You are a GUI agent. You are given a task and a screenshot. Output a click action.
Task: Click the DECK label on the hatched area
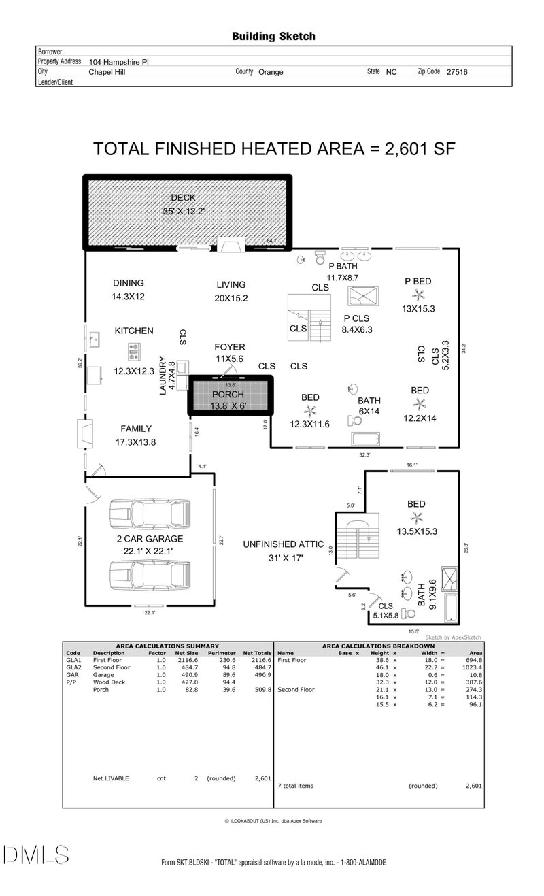pyautogui.click(x=183, y=197)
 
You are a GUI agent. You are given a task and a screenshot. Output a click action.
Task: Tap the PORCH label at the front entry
pyautogui.click(x=228, y=394)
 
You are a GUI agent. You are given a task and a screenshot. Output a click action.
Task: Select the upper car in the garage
pyautogui.click(x=150, y=514)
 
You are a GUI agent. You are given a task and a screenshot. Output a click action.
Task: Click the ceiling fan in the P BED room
pyautogui.click(x=418, y=295)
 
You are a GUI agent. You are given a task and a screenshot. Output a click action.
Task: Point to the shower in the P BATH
pyautogui.click(x=362, y=296)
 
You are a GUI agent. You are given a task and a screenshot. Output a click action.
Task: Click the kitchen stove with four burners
pyautogui.click(x=134, y=352)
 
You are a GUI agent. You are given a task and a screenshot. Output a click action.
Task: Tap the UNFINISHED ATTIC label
pyautogui.click(x=284, y=544)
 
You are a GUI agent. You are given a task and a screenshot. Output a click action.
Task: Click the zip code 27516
pyautogui.click(x=457, y=72)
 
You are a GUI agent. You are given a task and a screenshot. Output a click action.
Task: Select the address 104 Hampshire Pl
pyautogui.click(x=119, y=62)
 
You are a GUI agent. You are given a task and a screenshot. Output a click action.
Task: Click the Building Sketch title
pyautogui.click(x=274, y=37)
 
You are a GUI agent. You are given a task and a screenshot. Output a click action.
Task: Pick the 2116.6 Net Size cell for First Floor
pyautogui.click(x=188, y=660)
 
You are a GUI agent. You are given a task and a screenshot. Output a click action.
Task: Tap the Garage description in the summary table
pyautogui.click(x=103, y=675)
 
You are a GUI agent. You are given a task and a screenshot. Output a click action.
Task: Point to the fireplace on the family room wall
pyautogui.click(x=85, y=433)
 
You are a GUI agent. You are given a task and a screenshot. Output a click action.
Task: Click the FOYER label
pyautogui.click(x=229, y=347)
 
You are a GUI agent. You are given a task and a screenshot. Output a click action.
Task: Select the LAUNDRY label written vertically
pyautogui.click(x=163, y=376)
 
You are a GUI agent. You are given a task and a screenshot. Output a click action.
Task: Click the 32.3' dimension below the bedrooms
pyautogui.click(x=364, y=454)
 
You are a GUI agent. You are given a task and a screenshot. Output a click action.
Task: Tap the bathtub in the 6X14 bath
pyautogui.click(x=365, y=438)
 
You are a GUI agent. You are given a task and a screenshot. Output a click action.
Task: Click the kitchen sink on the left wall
pyautogui.click(x=95, y=339)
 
